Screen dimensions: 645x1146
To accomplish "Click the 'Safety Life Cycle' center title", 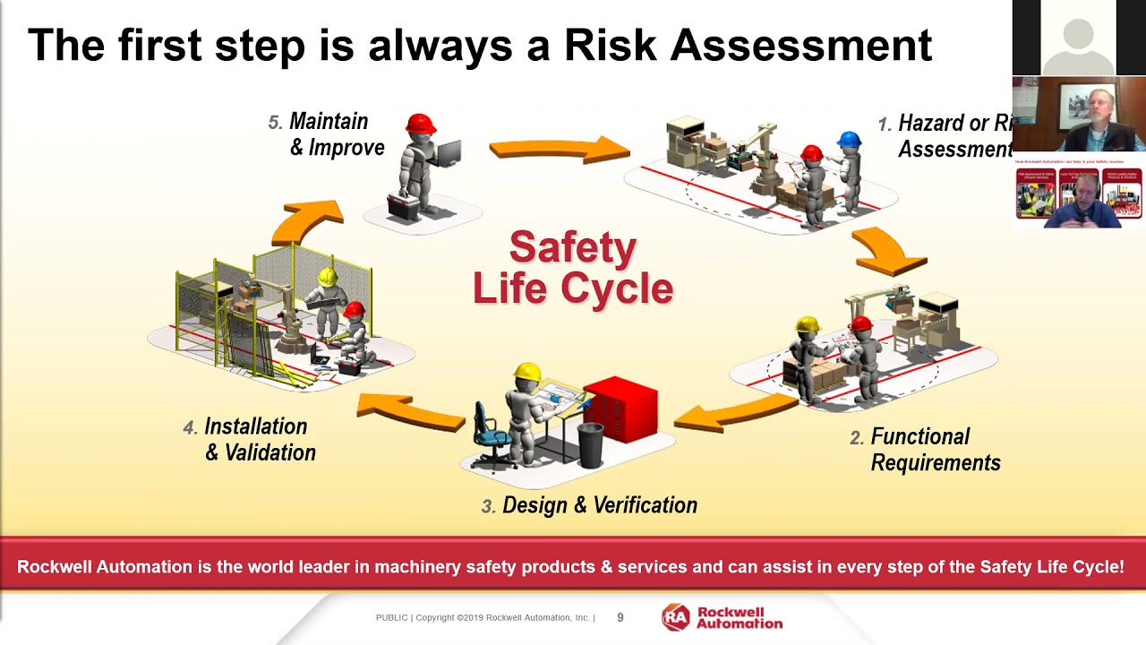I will [x=573, y=267].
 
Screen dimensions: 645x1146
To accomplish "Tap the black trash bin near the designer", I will [x=590, y=445].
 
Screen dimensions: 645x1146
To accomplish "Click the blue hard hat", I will [x=849, y=140].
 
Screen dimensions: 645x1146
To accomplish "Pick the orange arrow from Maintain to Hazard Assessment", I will [x=559, y=149].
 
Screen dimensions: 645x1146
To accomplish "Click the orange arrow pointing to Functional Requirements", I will [x=886, y=250].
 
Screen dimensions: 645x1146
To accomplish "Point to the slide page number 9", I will [x=620, y=617].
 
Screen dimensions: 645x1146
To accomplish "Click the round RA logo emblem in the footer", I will [x=676, y=617].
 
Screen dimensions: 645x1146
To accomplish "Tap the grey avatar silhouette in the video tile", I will [x=1078, y=45].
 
